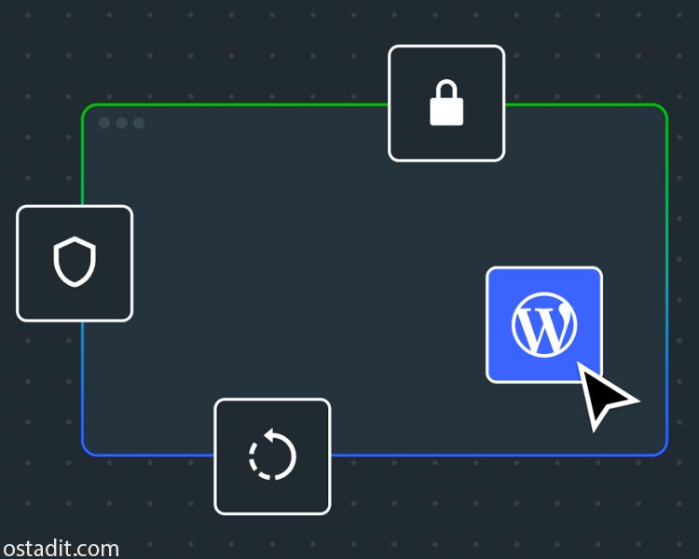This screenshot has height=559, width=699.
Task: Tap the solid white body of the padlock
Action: [446, 112]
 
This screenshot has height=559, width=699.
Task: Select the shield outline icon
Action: [75, 261]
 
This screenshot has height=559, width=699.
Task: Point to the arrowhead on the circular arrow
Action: [269, 435]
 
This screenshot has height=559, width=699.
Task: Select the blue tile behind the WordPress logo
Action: [544, 324]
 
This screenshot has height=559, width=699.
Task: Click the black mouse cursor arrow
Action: [603, 394]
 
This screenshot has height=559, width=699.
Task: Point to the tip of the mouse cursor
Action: [578, 362]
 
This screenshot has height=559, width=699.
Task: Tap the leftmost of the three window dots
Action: [104, 123]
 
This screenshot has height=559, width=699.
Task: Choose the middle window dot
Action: [122, 123]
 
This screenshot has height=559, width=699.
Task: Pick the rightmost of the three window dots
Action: [139, 123]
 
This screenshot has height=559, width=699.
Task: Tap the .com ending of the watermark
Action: [95, 549]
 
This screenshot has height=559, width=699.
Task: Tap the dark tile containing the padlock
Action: [446, 103]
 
